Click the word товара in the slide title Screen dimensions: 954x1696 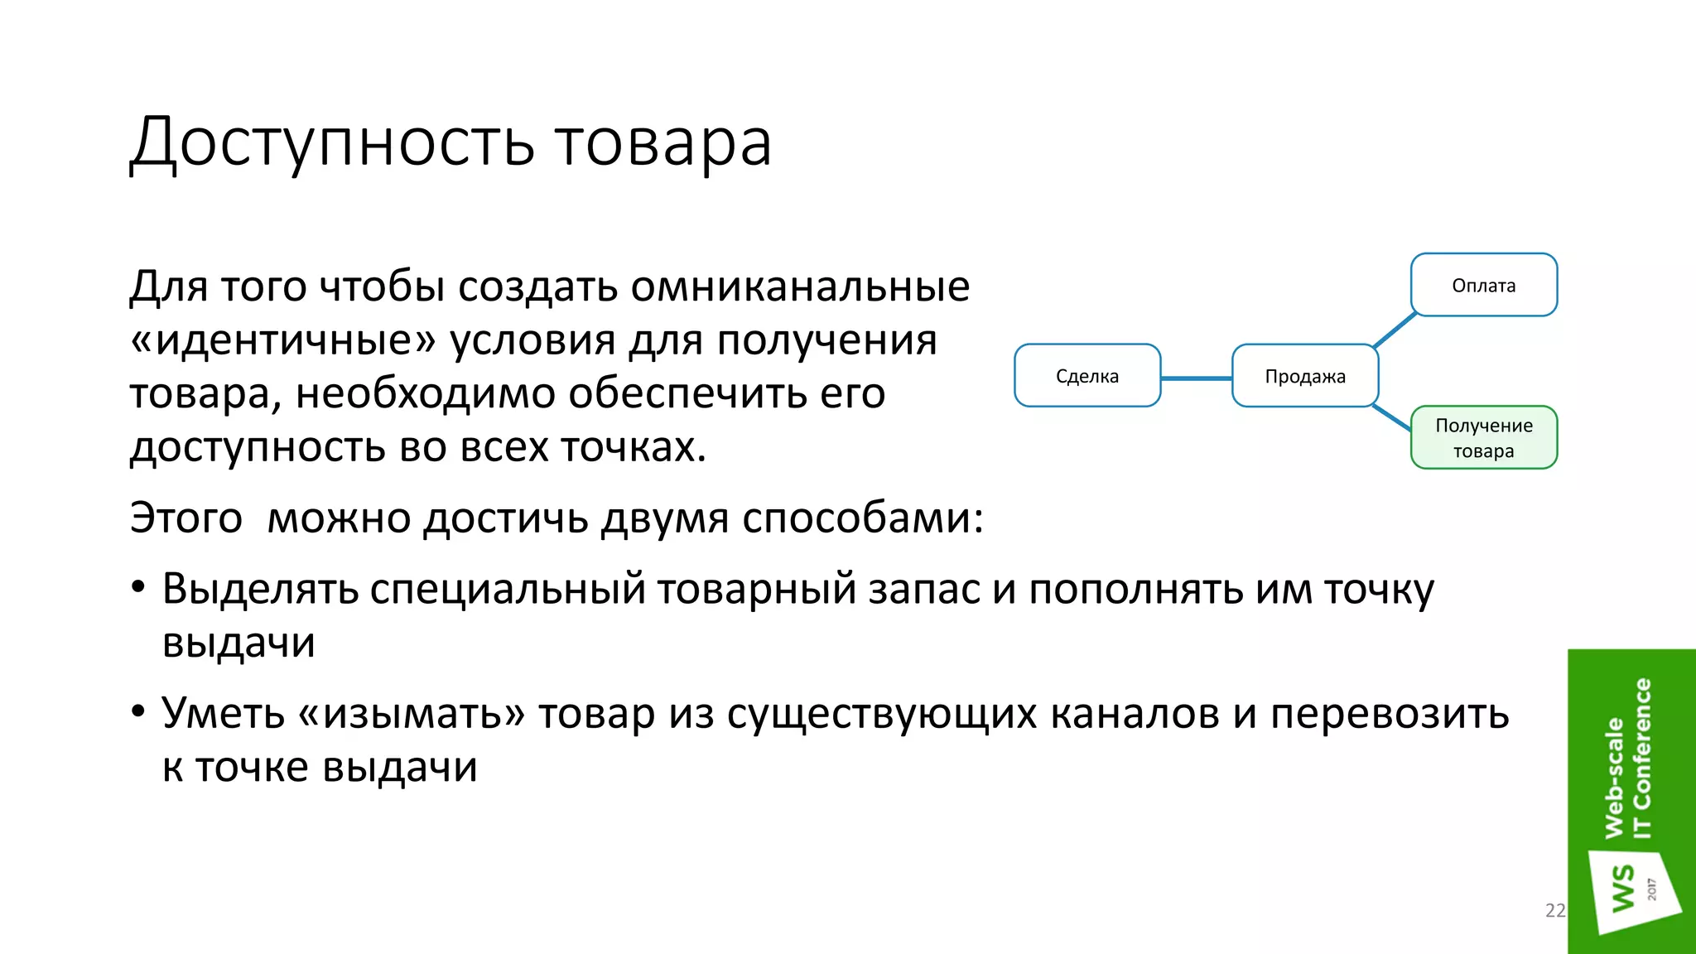662,142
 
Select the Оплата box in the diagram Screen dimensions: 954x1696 1483,285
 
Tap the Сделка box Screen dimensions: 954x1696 1086,376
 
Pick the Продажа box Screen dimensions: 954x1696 1304,376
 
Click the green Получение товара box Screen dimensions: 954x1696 1483,437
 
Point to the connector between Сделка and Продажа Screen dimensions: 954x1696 1196,378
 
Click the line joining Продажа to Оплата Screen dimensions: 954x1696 1395,330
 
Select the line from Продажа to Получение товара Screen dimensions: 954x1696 1392,417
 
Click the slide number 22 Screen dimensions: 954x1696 1555,910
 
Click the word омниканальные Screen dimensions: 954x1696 800,287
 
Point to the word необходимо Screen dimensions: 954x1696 425,393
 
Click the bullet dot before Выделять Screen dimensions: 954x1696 138,589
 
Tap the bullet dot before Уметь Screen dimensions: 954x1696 138,712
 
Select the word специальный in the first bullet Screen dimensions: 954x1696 508,589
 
